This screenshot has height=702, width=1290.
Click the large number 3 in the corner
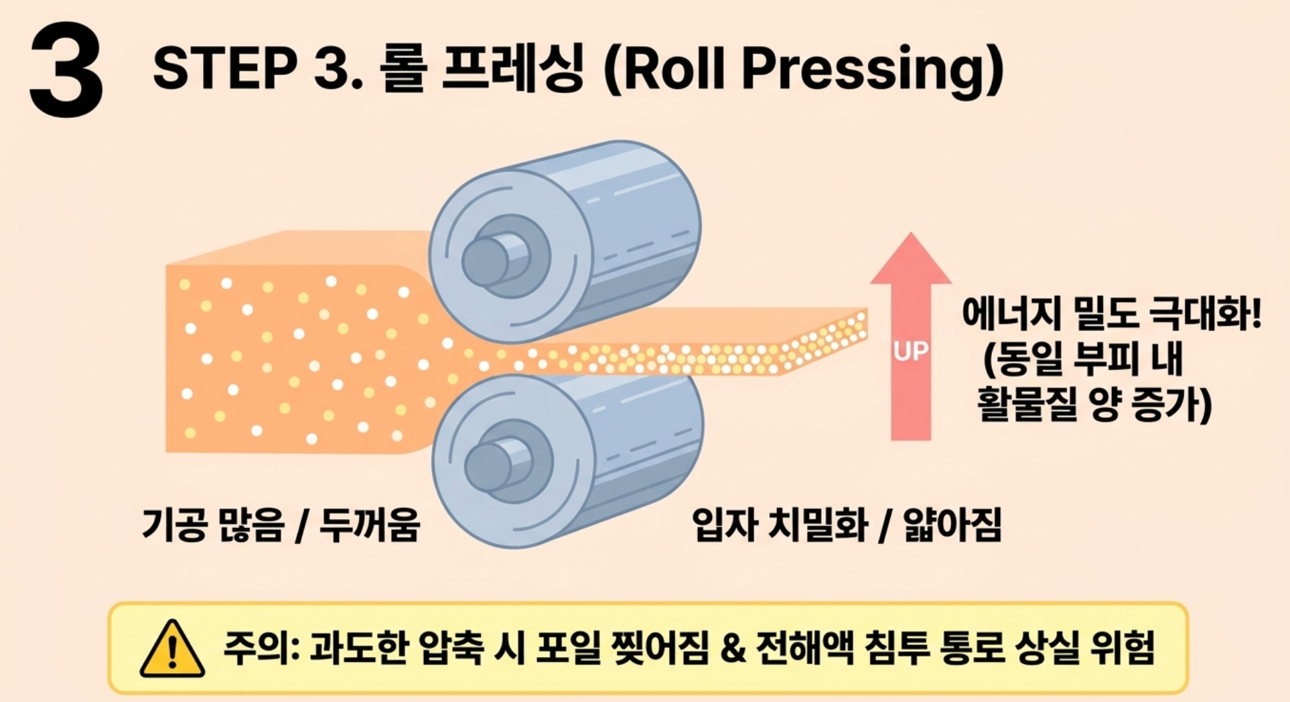(66, 70)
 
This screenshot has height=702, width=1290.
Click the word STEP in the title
(225, 68)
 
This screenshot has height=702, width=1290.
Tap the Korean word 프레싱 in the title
(513, 67)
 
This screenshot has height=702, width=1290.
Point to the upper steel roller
(565, 242)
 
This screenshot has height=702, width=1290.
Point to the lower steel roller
(567, 461)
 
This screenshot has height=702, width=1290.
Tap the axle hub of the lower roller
(499, 465)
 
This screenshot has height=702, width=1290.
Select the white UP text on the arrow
(911, 351)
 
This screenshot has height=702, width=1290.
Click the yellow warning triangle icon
(172, 648)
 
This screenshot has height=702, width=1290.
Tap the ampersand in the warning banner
(733, 648)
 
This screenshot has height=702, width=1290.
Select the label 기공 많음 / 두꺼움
(281, 524)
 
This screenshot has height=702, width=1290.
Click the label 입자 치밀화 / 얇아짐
(847, 524)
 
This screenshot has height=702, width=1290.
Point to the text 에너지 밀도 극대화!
(1111, 313)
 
